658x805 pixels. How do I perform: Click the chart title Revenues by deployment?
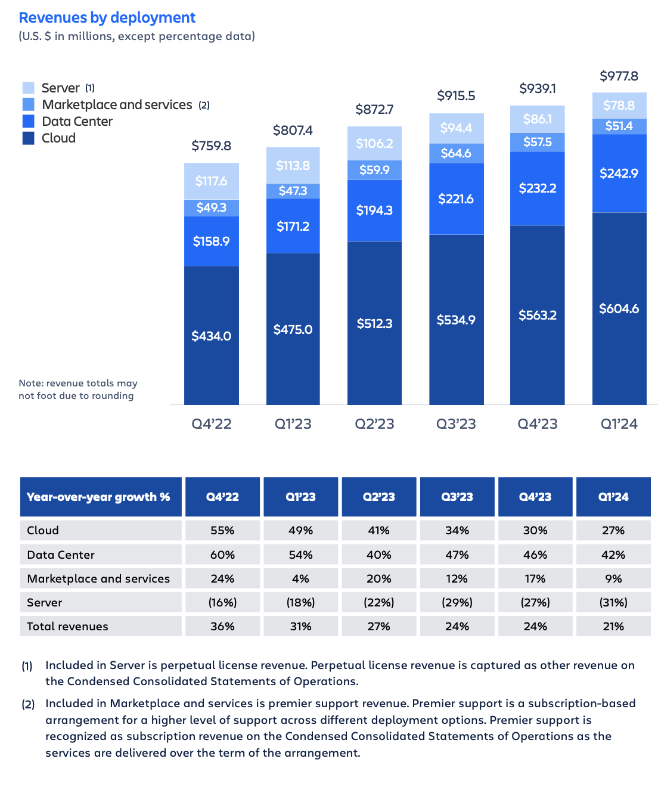[x=107, y=18]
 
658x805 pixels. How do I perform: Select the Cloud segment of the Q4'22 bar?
[x=212, y=336]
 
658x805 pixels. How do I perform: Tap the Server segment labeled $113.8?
[x=293, y=166]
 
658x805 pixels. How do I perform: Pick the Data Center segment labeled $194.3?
[x=374, y=210]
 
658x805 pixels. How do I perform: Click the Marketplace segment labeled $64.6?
[x=456, y=153]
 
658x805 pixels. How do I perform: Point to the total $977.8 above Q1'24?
[x=619, y=76]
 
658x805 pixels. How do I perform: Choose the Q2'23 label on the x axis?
[x=374, y=424]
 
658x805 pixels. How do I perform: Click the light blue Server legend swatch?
[x=28, y=88]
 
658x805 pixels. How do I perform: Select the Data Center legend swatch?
[x=28, y=122]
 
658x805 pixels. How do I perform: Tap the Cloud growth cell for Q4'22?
[x=222, y=530]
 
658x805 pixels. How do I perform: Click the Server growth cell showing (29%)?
[x=457, y=602]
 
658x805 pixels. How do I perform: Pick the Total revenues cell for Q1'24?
[x=613, y=626]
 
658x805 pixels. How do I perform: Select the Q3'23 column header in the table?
[x=457, y=497]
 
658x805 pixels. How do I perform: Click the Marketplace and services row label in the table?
[x=99, y=578]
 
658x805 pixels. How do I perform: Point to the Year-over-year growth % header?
[x=99, y=497]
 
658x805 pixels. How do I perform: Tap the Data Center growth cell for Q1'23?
[x=300, y=555]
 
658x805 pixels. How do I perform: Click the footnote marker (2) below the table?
[x=28, y=704]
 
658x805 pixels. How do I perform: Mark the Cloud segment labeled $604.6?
[x=619, y=309]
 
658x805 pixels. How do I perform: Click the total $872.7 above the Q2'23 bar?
[x=374, y=110]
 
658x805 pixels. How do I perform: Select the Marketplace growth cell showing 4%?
[x=300, y=578]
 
